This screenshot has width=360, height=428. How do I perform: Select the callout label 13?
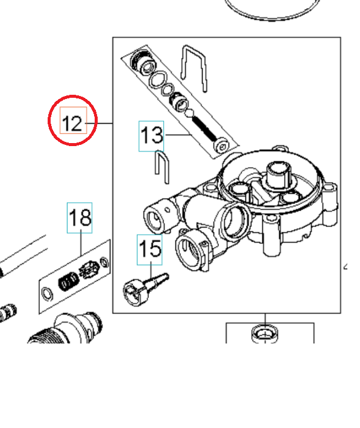pos(151,135)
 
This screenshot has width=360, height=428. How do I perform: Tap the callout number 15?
pos(150,249)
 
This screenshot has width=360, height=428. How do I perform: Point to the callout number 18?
pos(80,217)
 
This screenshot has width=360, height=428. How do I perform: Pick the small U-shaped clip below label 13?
pos(161,165)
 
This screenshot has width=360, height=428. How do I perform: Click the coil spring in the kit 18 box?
pos(68,280)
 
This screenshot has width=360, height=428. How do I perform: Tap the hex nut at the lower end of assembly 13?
pos(223,147)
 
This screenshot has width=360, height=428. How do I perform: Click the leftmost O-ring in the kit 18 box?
pos(46,295)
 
